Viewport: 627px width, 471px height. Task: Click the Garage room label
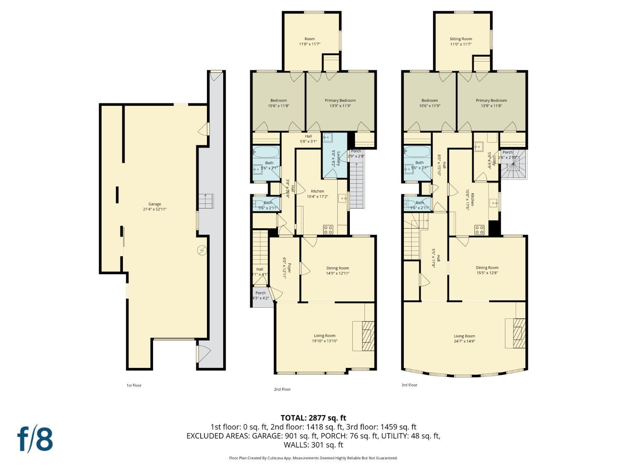pos(155,204)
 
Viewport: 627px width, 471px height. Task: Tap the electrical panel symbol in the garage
pos(202,250)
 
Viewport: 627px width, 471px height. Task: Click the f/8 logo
pos(35,439)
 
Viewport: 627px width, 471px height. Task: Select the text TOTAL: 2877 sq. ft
pos(313,418)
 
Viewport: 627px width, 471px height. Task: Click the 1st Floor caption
pos(134,385)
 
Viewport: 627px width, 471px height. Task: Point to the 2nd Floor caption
pos(282,389)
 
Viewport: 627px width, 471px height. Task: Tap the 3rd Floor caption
pos(409,385)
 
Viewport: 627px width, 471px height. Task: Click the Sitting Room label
pos(461,39)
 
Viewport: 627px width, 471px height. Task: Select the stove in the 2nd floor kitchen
pos(328,229)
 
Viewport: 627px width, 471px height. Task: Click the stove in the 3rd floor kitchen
pos(479,230)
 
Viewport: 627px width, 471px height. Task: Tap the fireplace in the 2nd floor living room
pos(363,336)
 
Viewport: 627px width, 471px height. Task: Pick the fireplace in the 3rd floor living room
pos(515,333)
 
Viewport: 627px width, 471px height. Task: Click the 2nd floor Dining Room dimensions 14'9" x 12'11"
pos(337,273)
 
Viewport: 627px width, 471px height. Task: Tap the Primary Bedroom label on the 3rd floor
pos(491,100)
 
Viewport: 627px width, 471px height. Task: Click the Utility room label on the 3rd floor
pos(494,159)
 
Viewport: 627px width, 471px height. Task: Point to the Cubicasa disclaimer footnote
pos(313,458)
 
